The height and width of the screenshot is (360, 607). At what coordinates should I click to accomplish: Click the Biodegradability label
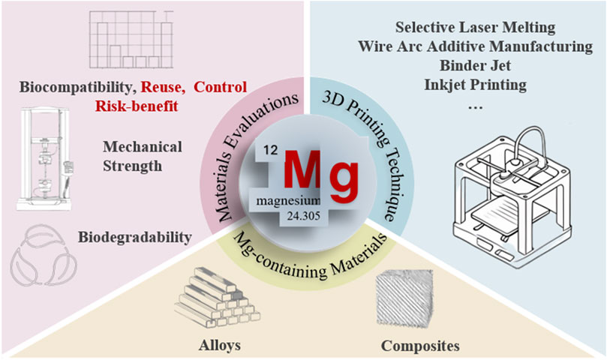click(134, 238)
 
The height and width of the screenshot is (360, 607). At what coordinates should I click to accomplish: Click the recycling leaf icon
click(41, 254)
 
